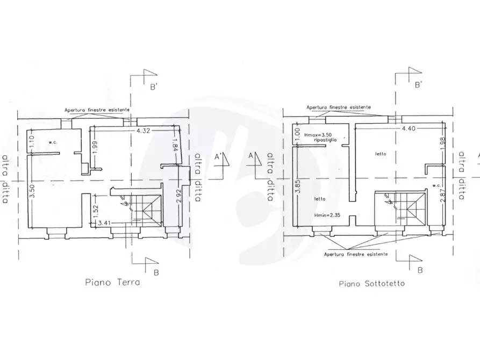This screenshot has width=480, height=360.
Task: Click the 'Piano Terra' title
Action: coord(112,282)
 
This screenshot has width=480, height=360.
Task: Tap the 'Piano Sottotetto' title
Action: coord(371,284)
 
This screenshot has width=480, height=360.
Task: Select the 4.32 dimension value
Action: coord(143,131)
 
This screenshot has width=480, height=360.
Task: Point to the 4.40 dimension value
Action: coord(409,128)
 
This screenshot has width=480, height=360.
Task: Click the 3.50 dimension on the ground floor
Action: coord(32,191)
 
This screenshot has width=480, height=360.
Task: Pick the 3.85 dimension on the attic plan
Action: coord(298,187)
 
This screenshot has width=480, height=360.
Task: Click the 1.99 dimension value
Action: coord(95,148)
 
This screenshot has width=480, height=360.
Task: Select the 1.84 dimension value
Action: coord(175,146)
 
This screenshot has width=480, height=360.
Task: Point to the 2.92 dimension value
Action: coord(179,197)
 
